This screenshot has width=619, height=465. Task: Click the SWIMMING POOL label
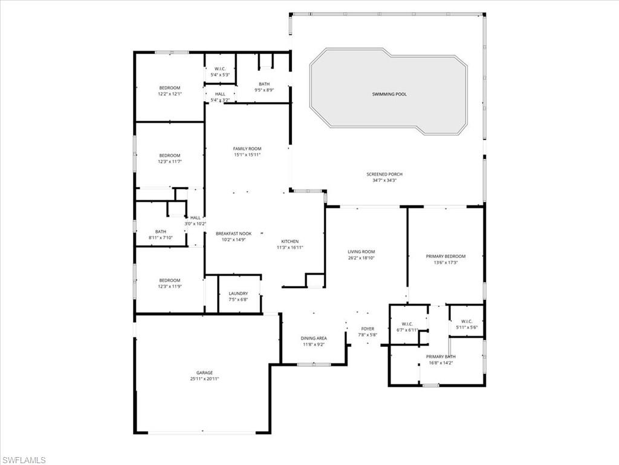coord(389,94)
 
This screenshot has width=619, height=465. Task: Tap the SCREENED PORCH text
coord(384,174)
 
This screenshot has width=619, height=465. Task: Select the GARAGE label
coord(204,372)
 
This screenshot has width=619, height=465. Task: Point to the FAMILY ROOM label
coord(247,148)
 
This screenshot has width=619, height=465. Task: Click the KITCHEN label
coord(290,241)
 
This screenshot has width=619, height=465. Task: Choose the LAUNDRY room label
coord(238,294)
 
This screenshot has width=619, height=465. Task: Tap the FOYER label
coord(368,329)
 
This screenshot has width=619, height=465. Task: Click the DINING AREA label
coord(314,338)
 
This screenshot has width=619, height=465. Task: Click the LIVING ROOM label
coord(361,252)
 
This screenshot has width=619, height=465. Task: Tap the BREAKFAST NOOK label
coord(233,234)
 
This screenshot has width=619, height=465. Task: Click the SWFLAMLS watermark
coord(24,460)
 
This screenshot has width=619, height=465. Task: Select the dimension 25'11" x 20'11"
coord(204,379)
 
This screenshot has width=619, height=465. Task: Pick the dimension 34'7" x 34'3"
coord(384,180)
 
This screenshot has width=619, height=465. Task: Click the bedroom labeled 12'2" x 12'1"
coord(169,91)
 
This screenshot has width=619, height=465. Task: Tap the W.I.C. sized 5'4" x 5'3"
coord(220,72)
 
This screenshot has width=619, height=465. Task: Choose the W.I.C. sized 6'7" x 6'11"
coord(407,326)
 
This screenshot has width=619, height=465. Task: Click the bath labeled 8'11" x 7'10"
coord(160,234)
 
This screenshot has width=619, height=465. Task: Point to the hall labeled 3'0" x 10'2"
coord(195,220)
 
